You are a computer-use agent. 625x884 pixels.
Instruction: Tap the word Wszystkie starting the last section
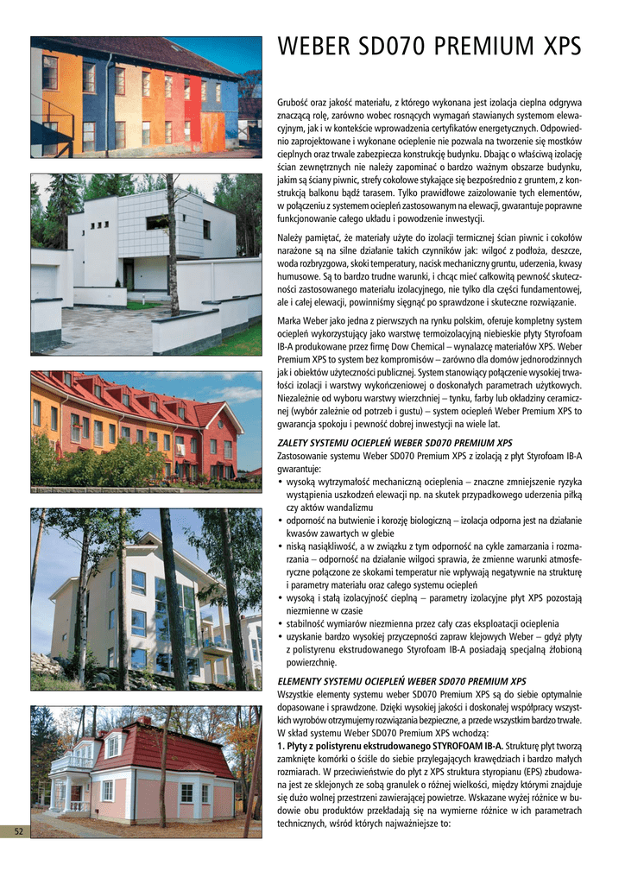300,694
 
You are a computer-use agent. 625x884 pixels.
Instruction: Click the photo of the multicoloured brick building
146,97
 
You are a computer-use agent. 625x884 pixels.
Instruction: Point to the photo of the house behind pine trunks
146,599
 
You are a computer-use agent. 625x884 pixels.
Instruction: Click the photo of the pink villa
146,771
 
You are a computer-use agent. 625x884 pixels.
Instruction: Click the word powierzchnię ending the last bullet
311,663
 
